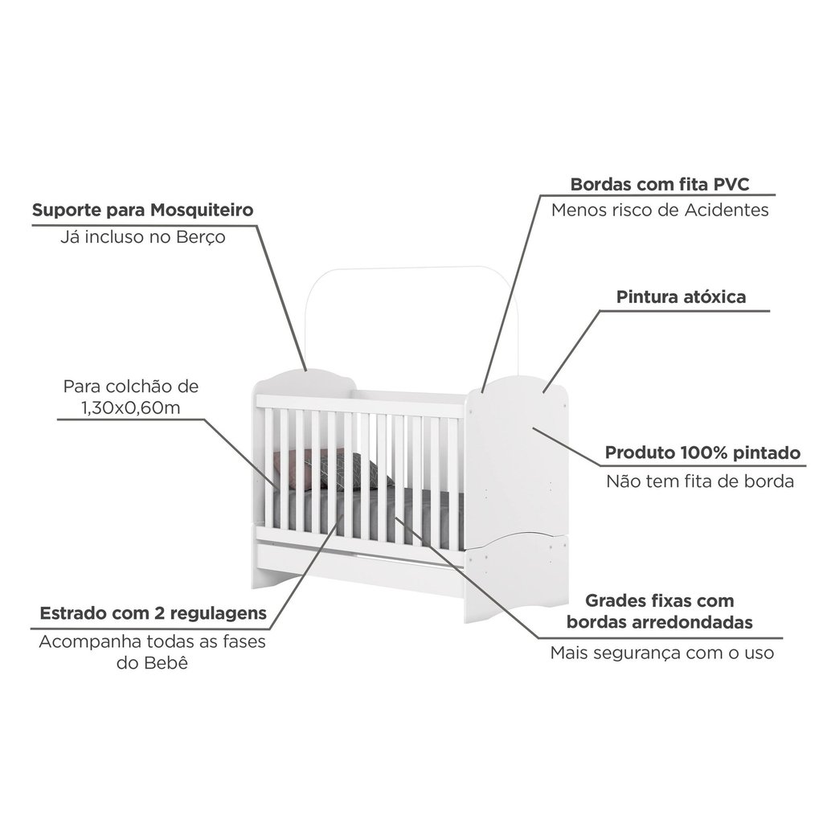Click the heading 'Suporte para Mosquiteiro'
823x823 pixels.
(x=143, y=210)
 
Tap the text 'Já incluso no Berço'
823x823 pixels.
(x=143, y=237)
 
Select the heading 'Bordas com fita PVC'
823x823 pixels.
(x=660, y=184)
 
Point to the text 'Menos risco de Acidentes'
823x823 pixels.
(x=660, y=211)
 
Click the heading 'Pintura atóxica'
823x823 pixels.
(x=681, y=297)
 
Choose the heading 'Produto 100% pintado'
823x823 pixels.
(x=702, y=453)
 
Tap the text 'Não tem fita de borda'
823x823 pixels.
(x=700, y=481)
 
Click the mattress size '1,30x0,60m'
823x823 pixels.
(x=131, y=407)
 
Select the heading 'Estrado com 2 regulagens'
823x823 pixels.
(x=154, y=613)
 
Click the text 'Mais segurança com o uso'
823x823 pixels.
(x=662, y=653)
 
